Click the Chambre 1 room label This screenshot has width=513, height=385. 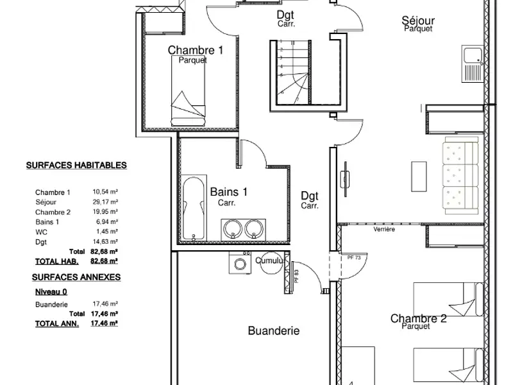click(196, 50)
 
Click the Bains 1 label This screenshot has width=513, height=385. click(229, 192)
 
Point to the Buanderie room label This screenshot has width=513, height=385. click(274, 331)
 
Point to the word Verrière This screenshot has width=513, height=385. click(384, 229)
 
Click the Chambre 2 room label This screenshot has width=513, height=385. click(418, 318)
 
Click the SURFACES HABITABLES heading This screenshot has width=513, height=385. click(76, 165)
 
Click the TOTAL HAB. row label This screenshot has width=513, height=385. click(57, 261)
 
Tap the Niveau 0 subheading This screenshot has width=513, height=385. click(51, 291)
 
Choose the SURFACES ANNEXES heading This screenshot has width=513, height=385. click(76, 277)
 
